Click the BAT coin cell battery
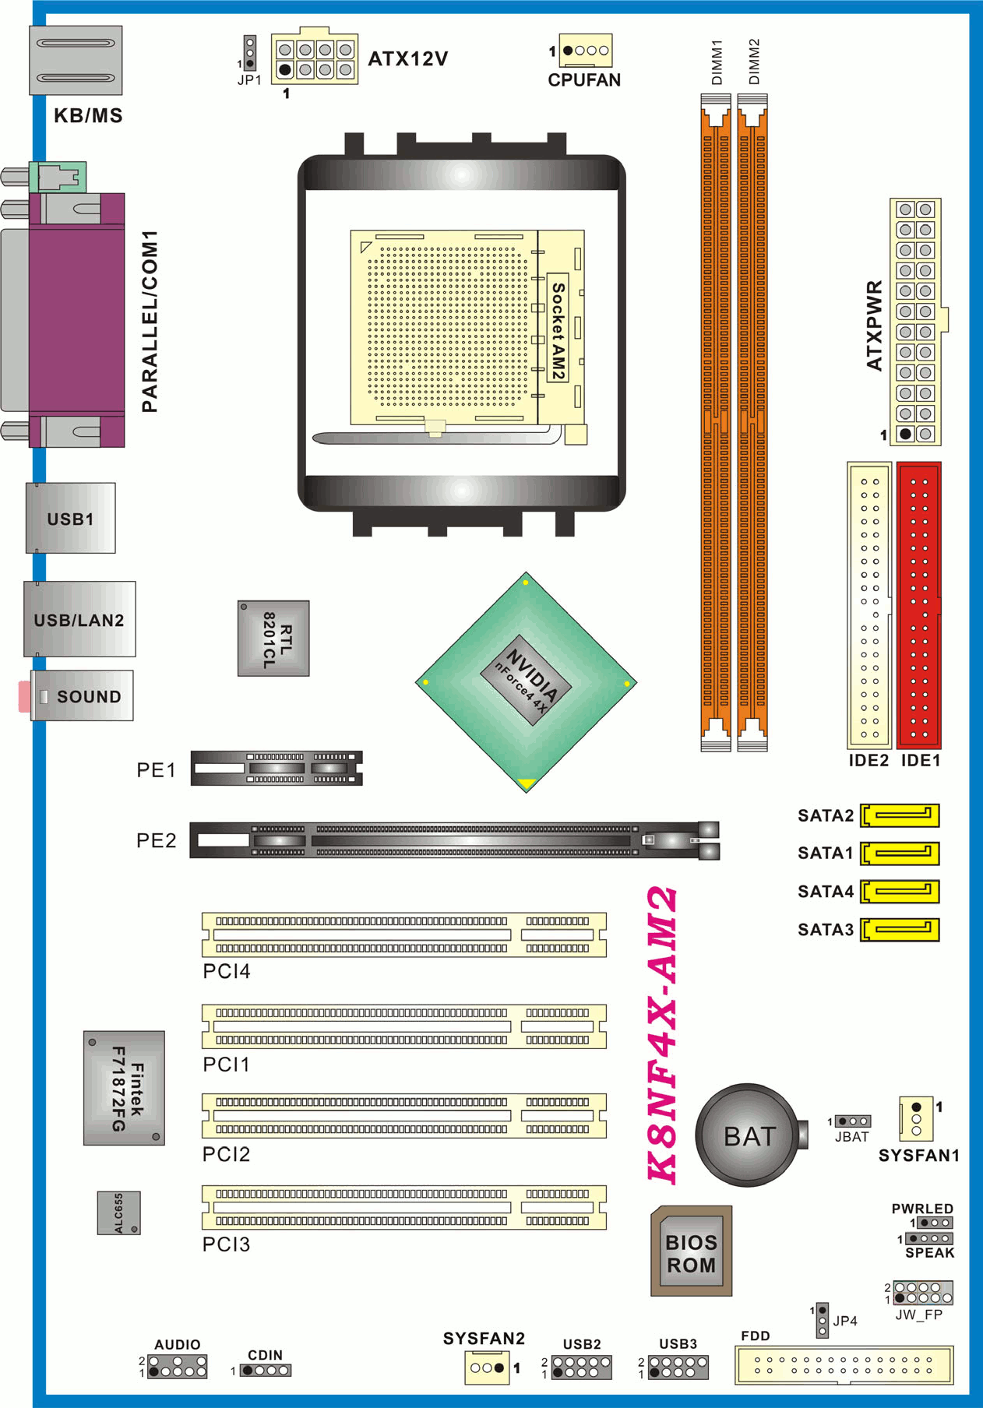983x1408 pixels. (x=748, y=1135)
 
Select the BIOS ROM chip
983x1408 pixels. (x=691, y=1251)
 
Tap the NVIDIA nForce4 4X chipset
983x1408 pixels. (x=527, y=682)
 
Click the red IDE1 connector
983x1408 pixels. (x=919, y=605)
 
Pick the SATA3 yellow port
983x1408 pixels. (x=900, y=929)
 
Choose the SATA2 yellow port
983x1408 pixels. (x=900, y=815)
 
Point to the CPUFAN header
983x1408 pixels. (x=585, y=51)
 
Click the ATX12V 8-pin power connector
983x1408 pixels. (x=315, y=59)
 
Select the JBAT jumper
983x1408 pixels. (x=853, y=1121)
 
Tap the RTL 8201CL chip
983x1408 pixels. (x=273, y=638)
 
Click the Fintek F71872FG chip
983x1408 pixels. (x=125, y=1088)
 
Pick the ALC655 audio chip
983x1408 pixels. (x=119, y=1213)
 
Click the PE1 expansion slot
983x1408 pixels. (x=277, y=768)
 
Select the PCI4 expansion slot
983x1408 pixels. (x=403, y=935)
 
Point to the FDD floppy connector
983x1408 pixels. (x=844, y=1364)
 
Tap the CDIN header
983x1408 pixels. (x=265, y=1370)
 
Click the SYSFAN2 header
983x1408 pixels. (x=487, y=1367)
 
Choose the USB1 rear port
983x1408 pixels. (x=70, y=518)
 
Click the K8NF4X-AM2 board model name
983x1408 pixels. (x=663, y=1035)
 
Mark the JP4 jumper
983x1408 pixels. (x=822, y=1321)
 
